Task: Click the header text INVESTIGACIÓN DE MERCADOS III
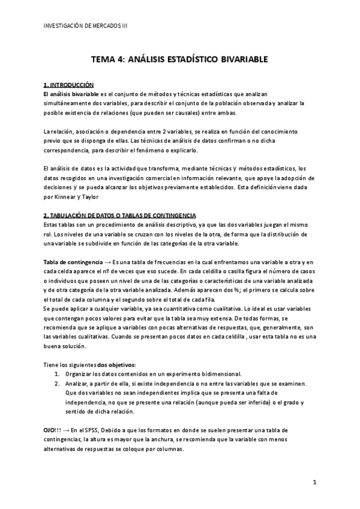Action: (86, 26)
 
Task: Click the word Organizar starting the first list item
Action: (80, 374)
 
